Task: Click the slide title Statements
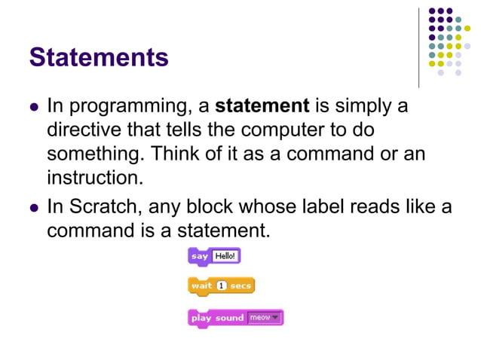(99, 57)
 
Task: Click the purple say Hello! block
(214, 256)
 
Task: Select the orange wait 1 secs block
(221, 286)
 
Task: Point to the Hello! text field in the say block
(225, 256)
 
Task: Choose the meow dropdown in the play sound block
(264, 318)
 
